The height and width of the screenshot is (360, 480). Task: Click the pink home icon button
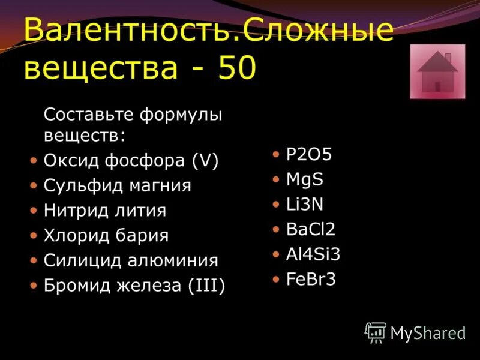(437, 71)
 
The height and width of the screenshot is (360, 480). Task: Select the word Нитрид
(75, 211)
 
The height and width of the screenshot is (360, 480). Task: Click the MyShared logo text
(428, 332)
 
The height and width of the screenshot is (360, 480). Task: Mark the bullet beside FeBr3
(275, 279)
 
